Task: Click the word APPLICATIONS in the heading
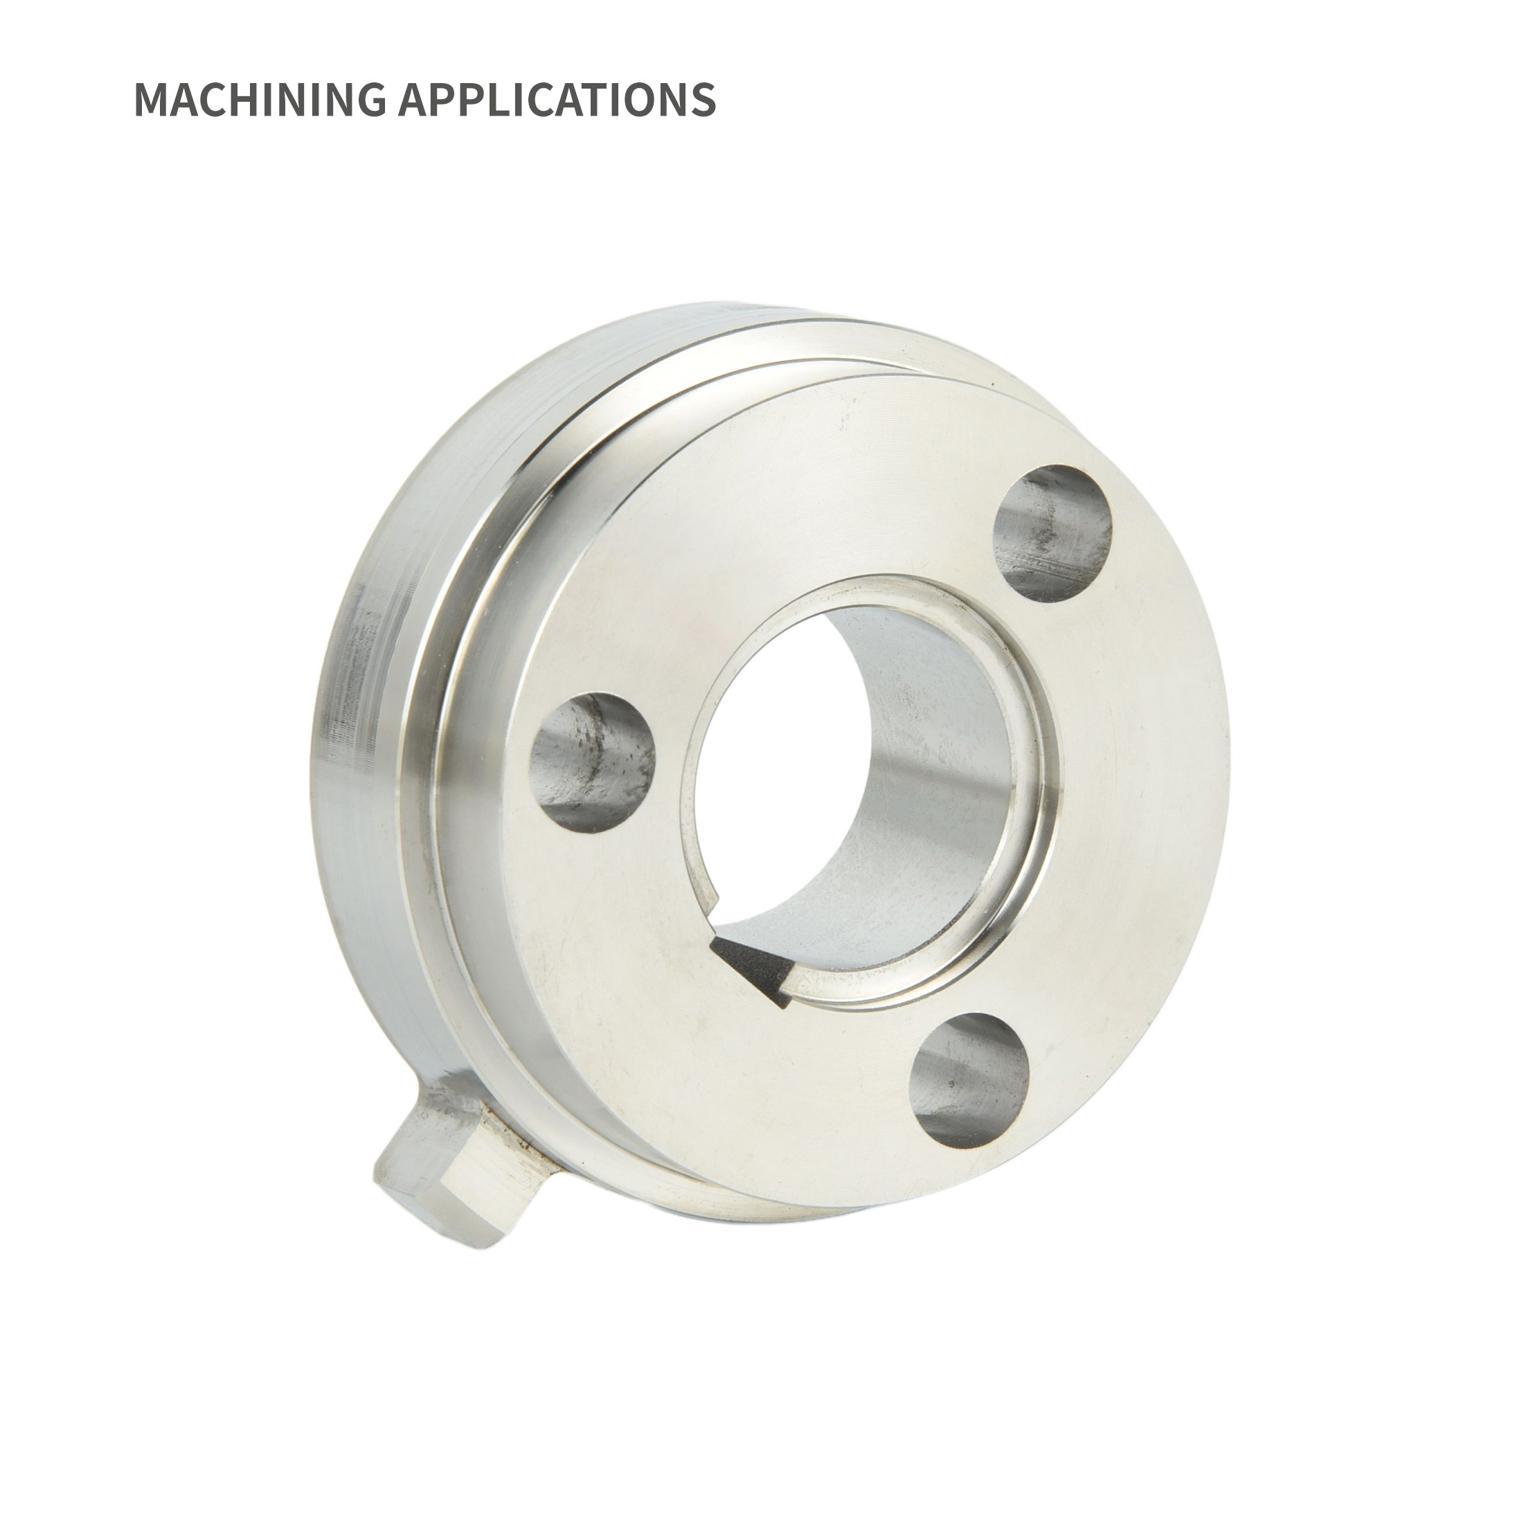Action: point(556,99)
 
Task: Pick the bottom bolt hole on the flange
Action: point(969,1081)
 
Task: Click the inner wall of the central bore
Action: point(936,754)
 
